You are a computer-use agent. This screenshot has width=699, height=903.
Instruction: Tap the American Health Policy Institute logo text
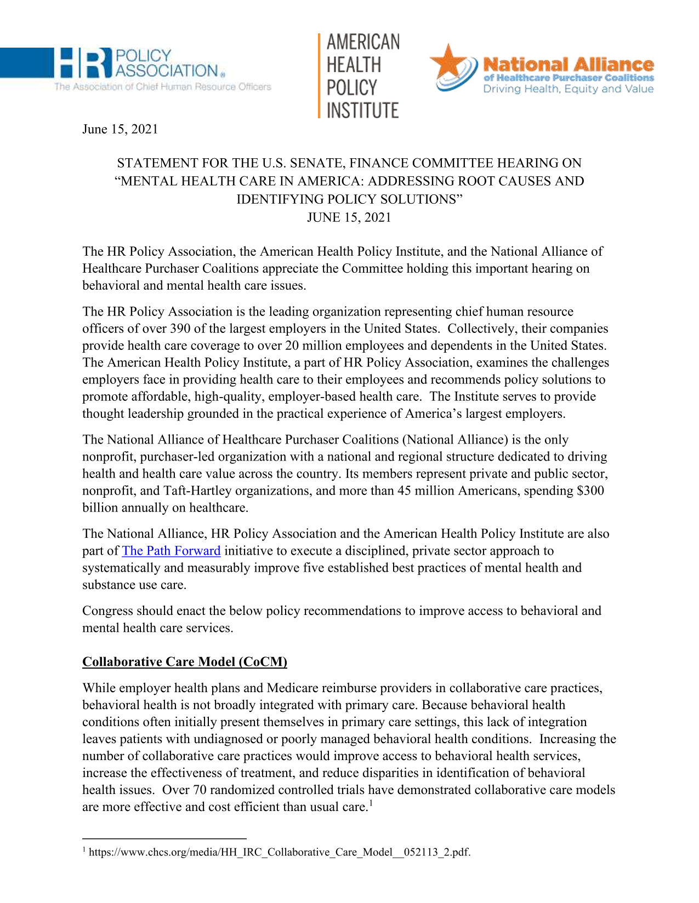362,76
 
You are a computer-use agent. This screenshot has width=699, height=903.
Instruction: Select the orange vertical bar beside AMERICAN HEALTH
319,76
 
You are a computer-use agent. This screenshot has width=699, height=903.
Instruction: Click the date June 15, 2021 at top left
120,129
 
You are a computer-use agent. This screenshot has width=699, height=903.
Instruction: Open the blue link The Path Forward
171,551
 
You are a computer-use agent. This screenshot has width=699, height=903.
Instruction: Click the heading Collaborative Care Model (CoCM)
185,662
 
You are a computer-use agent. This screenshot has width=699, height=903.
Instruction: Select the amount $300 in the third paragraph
590,491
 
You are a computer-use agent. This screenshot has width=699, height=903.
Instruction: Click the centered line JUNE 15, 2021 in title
349,217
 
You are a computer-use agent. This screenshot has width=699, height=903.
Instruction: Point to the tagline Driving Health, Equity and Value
568,89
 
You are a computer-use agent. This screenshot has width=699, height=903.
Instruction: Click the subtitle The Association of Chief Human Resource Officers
162,87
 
